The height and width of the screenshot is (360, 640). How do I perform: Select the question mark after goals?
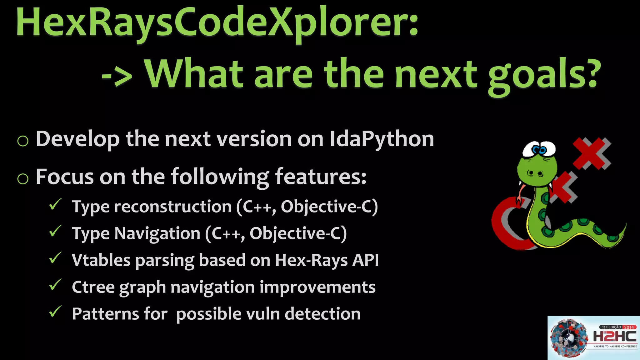click(x=589, y=74)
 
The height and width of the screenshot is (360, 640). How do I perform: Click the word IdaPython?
click(x=382, y=139)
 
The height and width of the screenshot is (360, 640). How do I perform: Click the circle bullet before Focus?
click(x=23, y=179)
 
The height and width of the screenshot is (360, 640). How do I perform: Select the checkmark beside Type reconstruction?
click(x=55, y=205)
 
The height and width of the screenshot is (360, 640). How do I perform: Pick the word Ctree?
click(x=93, y=287)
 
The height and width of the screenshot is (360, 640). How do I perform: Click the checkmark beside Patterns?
click(x=55, y=312)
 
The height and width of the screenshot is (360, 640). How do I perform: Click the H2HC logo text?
click(x=614, y=337)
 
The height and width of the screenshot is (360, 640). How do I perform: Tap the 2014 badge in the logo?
click(x=629, y=327)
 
